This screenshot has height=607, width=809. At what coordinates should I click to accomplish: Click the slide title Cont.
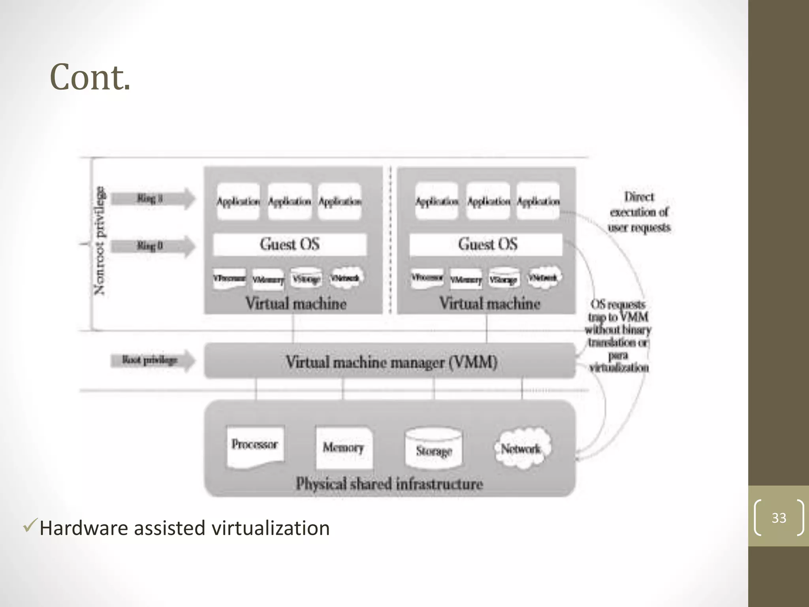90,77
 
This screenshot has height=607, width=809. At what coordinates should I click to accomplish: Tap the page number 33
779,518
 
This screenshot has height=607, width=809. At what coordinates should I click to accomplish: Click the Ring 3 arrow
152,198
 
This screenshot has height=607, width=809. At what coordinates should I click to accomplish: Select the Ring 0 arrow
152,246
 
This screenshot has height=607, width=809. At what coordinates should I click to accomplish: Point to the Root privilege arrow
152,360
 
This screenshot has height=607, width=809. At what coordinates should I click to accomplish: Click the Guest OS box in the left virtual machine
290,244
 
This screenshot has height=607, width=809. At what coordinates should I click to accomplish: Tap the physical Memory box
344,447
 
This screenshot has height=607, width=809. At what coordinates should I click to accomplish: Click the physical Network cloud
521,448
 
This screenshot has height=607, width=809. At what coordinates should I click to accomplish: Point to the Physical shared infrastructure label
389,484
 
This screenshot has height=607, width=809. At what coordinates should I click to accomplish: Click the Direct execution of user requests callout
639,212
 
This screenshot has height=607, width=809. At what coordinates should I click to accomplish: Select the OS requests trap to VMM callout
618,336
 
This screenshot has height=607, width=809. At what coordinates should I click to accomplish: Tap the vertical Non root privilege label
100,241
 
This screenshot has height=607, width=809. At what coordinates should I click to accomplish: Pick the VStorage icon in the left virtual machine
306,279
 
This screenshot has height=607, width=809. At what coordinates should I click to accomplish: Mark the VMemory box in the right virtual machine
466,279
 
